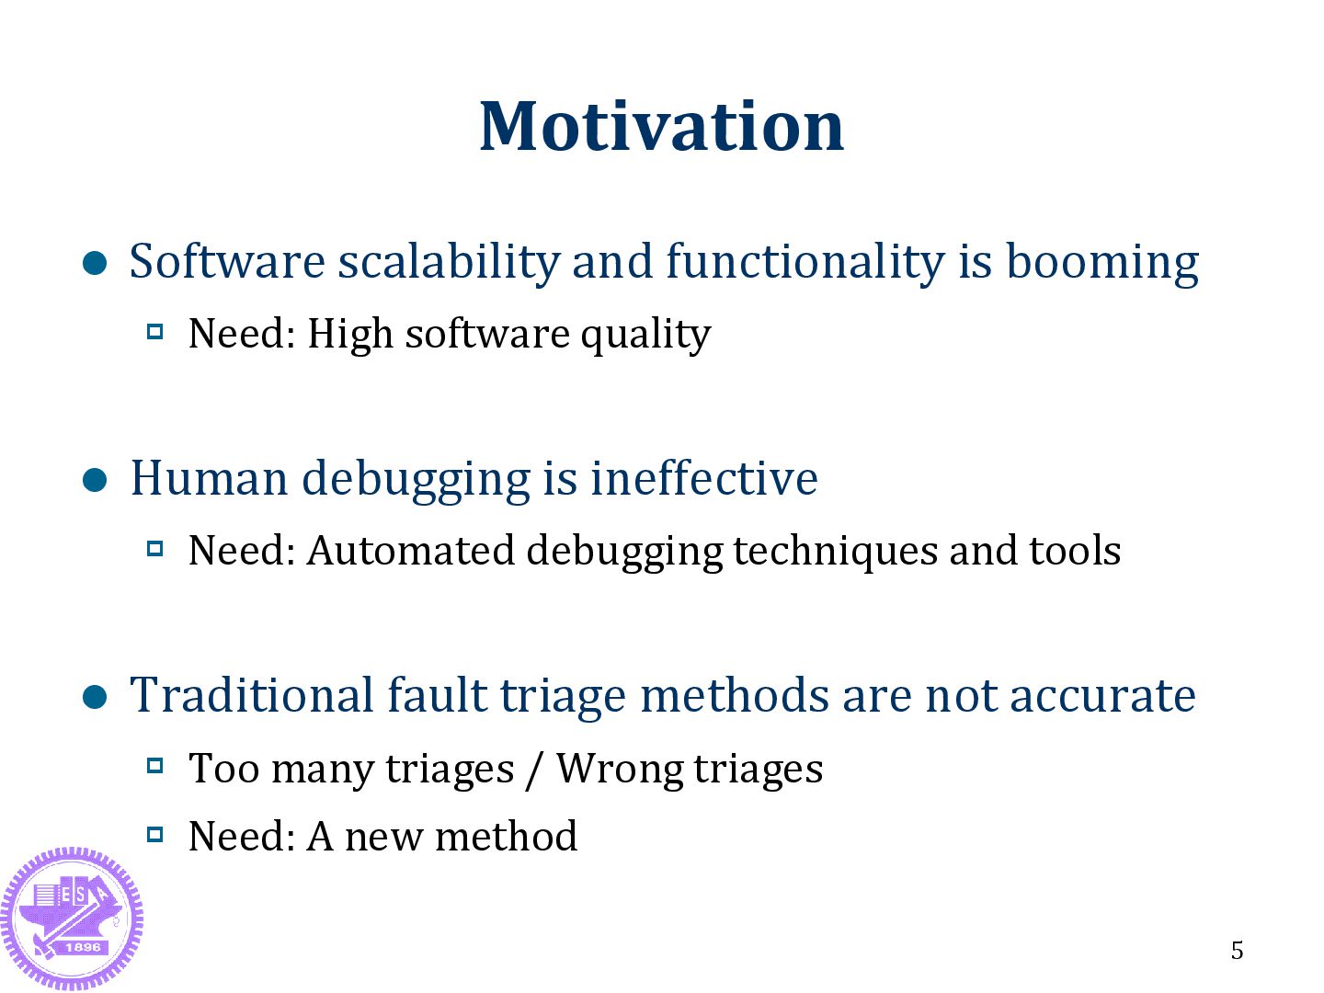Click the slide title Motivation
click(x=661, y=127)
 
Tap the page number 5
click(x=1237, y=950)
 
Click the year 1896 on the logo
click(x=83, y=947)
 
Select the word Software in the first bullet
click(x=227, y=261)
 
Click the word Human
click(x=210, y=479)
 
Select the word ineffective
click(x=704, y=479)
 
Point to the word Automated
click(x=410, y=551)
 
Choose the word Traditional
click(x=252, y=695)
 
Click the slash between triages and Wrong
click(x=531, y=770)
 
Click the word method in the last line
click(x=506, y=837)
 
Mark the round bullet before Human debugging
click(x=95, y=481)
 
